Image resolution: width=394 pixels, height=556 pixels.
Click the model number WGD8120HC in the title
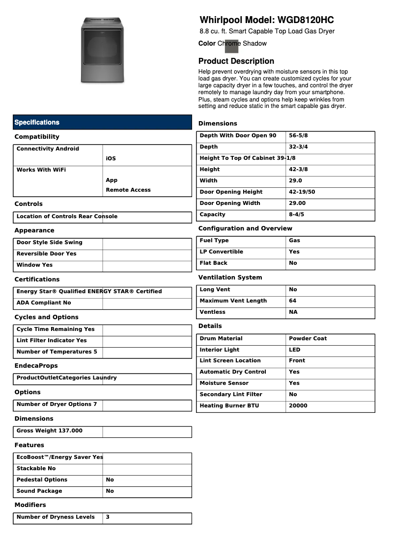pos(306,20)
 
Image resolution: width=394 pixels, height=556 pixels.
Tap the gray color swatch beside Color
pos(231,46)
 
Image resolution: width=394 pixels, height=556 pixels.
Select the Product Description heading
pos(236,61)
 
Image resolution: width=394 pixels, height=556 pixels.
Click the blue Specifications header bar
pos(102,122)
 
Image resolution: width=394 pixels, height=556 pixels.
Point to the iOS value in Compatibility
pos(111,159)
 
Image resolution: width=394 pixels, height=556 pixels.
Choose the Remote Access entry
pos(128,190)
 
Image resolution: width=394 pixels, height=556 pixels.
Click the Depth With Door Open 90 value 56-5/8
pos(299,136)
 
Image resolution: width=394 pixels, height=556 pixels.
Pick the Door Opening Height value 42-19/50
pos(302,192)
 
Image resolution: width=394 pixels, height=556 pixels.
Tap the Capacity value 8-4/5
pos(296,215)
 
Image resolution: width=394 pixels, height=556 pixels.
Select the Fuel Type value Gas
pos(294,241)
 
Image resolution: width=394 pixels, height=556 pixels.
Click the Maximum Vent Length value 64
pos(292,301)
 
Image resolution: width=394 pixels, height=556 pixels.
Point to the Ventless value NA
pos(293,312)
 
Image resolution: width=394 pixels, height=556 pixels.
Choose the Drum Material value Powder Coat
pos(308,339)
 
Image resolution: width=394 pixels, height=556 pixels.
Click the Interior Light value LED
pos(294,350)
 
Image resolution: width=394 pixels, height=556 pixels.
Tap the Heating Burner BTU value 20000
pos(298,406)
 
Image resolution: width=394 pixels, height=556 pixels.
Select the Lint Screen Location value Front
pos(297,361)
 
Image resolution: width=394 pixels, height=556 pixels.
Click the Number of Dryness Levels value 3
pos(108,517)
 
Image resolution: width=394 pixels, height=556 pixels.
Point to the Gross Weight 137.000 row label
pos(49,431)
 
